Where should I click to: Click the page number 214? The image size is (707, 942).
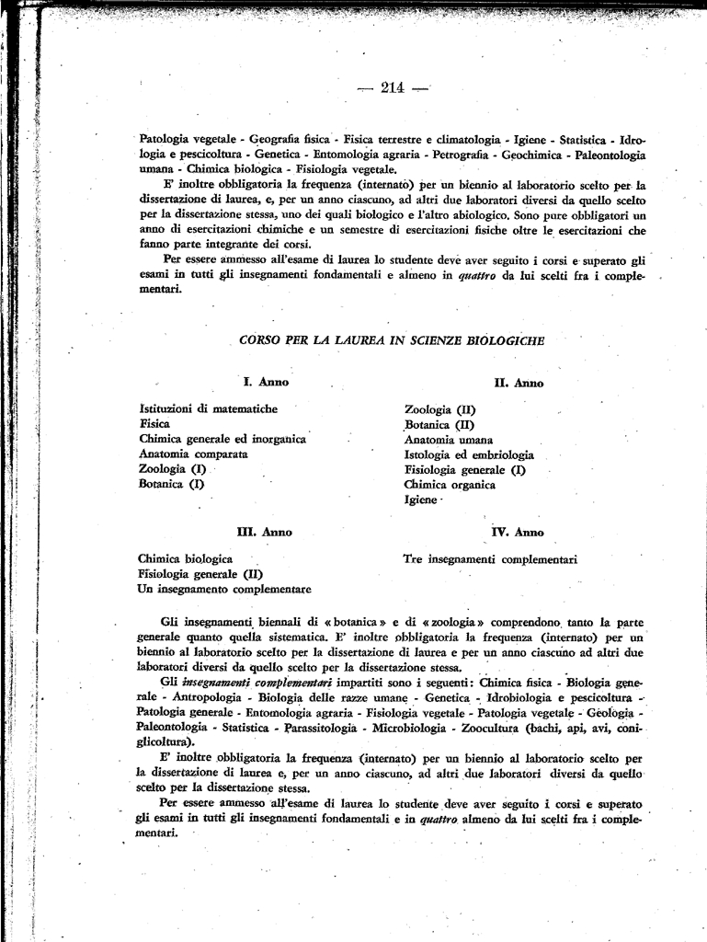coord(393,88)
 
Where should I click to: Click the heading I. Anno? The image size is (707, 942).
coord(266,382)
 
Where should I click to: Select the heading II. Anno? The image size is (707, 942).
coord(519,383)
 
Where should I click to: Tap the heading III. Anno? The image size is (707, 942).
coord(265,532)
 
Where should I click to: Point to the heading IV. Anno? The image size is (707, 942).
coord(518,532)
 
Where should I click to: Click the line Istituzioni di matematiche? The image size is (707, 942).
coord(208,408)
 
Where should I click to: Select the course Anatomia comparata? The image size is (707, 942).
coord(193,454)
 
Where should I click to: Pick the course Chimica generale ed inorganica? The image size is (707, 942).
coord(222,439)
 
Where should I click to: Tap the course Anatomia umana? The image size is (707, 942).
coord(448,440)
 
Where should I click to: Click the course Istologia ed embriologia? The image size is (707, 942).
coord(468,454)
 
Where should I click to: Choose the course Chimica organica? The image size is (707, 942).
coord(450,485)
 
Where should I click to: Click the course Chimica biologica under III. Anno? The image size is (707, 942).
coord(185,558)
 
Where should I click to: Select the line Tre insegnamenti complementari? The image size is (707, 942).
coord(489,558)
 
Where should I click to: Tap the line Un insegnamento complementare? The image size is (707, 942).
coord(224,589)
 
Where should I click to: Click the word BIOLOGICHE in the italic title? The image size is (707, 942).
coord(505,340)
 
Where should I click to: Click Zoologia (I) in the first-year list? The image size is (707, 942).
coord(172,468)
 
